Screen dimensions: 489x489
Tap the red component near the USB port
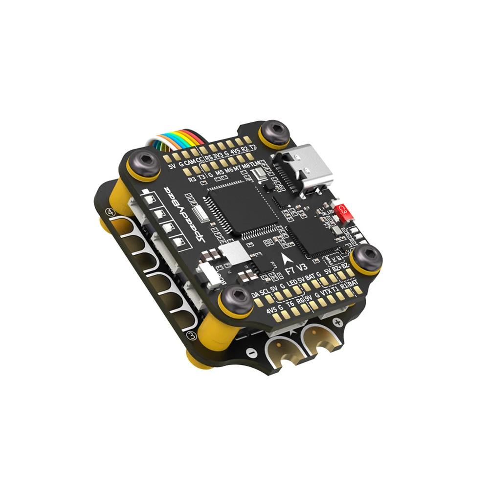[x=344, y=211]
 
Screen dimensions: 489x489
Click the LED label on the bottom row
[x=292, y=284]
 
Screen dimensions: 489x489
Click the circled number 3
[x=192, y=336]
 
